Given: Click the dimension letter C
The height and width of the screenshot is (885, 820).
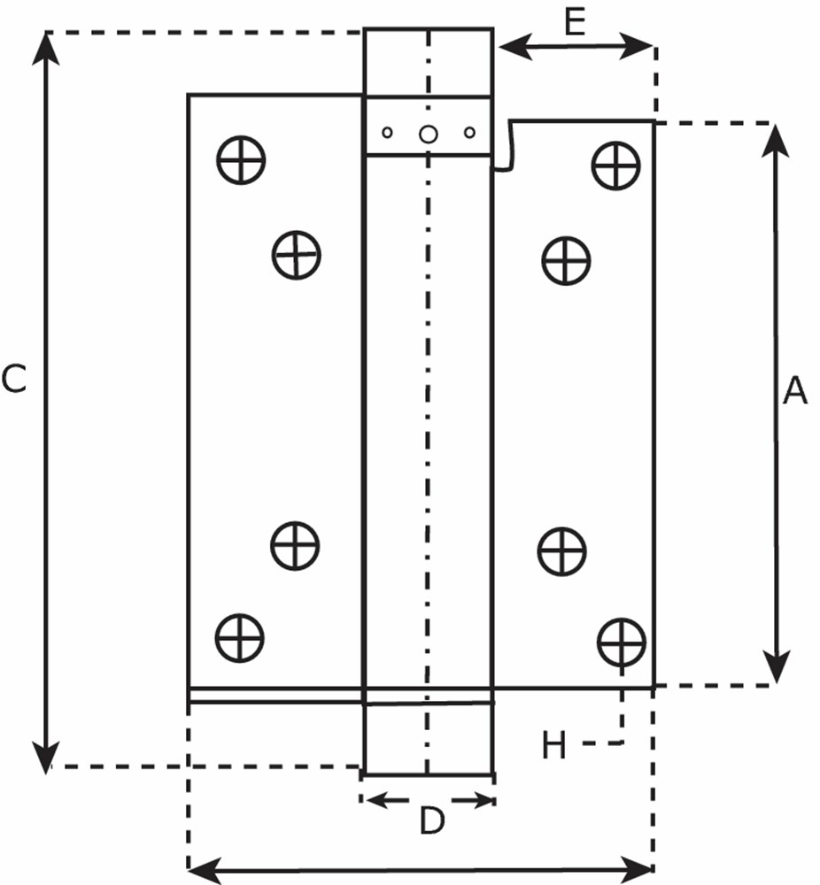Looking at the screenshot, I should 14,380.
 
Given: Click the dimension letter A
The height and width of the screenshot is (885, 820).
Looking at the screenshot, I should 795,390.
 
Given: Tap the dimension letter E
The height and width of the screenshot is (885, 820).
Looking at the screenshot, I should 576,22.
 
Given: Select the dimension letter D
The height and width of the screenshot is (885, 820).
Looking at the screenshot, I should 430,822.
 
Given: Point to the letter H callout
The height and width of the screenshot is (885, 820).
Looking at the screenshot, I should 554,747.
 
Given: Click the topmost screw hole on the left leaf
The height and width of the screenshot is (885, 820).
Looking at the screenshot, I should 241,160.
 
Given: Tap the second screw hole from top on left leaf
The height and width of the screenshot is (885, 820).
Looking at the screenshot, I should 296,255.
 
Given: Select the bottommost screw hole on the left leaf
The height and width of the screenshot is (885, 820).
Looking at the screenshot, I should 240,636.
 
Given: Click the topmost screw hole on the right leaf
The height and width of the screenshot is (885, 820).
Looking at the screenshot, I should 616,164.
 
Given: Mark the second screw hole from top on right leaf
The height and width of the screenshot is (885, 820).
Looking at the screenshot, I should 566,261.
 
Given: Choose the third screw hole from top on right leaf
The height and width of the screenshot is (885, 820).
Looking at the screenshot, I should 561,550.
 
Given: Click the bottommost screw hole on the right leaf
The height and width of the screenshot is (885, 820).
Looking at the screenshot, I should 622,642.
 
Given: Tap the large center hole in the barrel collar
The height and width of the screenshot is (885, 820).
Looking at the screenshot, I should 428,134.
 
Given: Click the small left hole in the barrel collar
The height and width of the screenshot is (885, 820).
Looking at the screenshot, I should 387,133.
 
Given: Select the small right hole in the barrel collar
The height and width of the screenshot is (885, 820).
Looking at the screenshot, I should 469,133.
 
